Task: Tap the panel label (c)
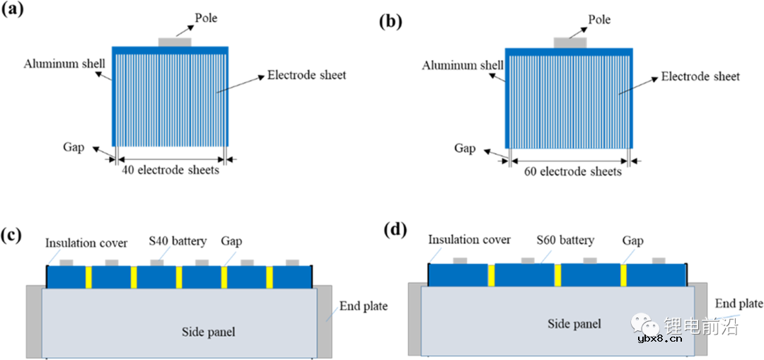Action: [x=15, y=234]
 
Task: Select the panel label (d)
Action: [x=393, y=231]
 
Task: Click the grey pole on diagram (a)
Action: [x=174, y=43]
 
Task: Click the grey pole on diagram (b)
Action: [x=569, y=43]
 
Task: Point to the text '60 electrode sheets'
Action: [x=572, y=172]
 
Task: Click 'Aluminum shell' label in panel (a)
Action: [x=64, y=64]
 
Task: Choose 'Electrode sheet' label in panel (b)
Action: [x=700, y=76]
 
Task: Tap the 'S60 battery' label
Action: [x=565, y=240]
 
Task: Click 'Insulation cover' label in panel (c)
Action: [x=86, y=243]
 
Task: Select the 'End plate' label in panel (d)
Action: [x=739, y=303]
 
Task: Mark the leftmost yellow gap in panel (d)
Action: [x=490, y=275]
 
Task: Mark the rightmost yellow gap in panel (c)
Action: [x=269, y=277]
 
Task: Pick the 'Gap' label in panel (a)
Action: [x=73, y=148]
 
